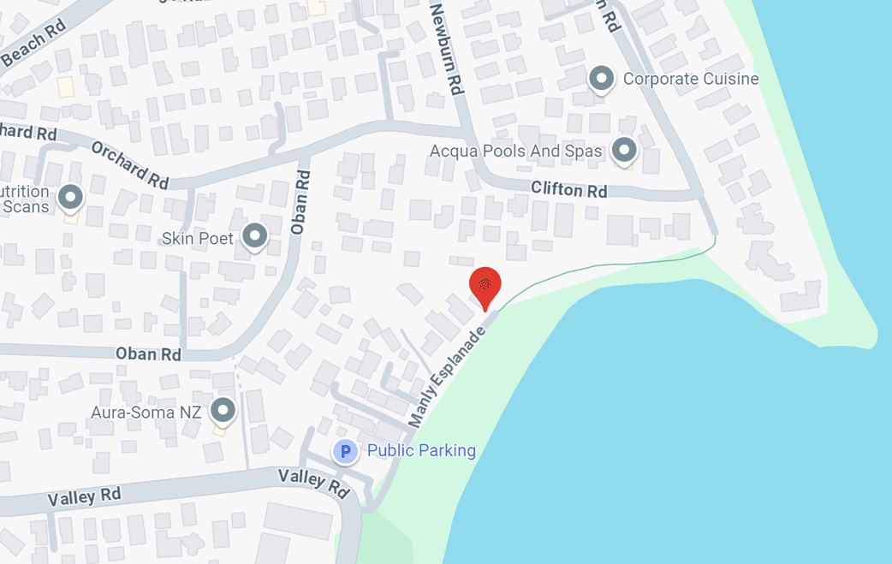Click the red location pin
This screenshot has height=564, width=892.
pos(485,286)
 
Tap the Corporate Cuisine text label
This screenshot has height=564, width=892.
pos(691,80)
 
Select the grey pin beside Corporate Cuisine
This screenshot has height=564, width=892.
pos(602,79)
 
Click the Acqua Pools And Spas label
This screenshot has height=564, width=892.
pos(515,151)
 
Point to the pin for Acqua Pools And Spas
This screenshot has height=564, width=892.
pos(624,150)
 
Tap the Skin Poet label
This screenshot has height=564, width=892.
pos(198,238)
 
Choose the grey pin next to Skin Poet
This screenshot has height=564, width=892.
pos(254,235)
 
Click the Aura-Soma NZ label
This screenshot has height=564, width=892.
pos(146,413)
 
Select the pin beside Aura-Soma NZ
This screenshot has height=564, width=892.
pos(223,410)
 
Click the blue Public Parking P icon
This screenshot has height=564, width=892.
pos(345,451)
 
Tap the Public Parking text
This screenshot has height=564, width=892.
pos(421,451)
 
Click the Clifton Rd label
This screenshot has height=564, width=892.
pos(568,189)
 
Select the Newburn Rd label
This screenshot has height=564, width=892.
pos(449,48)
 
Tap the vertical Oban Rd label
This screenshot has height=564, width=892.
pos(299,202)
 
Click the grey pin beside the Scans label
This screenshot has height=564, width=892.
pos(69,199)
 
